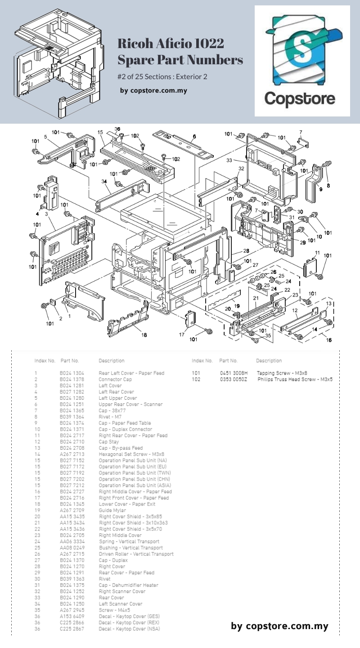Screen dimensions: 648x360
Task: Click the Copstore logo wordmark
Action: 299,98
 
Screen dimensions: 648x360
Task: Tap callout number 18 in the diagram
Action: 144,335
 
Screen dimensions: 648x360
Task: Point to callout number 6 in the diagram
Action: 194,137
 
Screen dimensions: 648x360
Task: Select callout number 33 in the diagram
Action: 229,160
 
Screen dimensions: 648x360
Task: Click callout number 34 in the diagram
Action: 104,181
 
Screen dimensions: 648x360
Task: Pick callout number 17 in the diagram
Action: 182,334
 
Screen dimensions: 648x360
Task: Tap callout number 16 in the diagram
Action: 329,340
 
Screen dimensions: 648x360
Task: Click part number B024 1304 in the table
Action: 72,373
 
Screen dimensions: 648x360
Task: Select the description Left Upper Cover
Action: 118,398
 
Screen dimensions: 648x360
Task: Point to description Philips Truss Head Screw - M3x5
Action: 295,380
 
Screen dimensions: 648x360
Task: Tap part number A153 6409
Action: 72,616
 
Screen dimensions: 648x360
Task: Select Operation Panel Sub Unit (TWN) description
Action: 135,473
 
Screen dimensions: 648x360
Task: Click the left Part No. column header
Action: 69,361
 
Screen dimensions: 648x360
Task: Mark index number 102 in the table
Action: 196,380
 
